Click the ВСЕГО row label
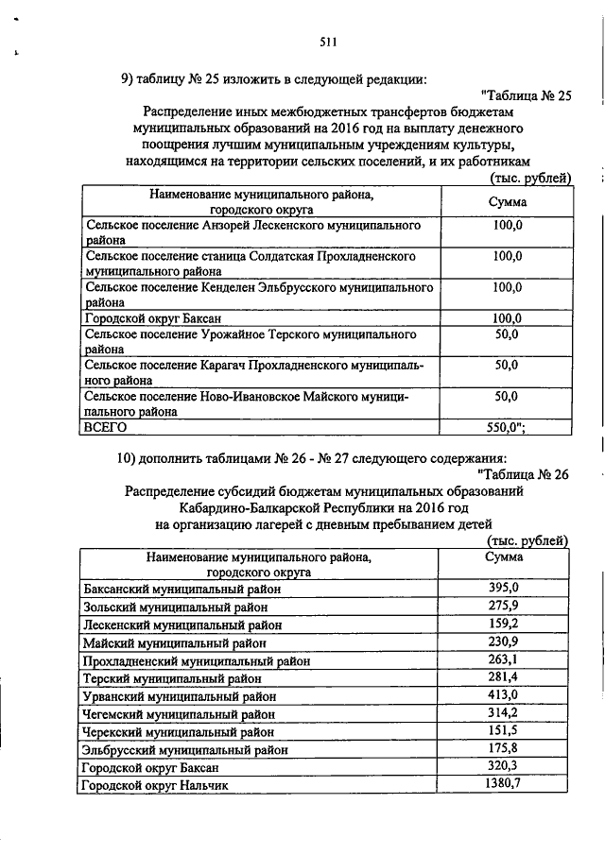(x=106, y=428)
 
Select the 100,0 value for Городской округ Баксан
(x=508, y=318)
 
